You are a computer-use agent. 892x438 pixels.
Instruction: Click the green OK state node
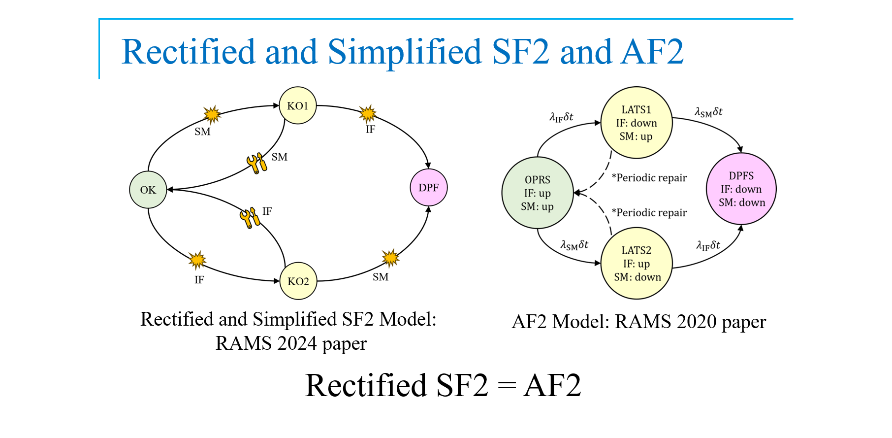point(148,190)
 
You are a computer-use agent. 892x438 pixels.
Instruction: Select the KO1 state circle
point(297,105)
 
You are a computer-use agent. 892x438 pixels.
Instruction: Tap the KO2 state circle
point(298,281)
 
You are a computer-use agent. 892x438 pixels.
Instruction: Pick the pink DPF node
point(428,188)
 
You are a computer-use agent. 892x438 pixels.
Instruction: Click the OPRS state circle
point(537,193)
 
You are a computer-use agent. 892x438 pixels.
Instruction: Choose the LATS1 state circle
point(636,123)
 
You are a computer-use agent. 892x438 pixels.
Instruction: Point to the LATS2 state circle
point(637,263)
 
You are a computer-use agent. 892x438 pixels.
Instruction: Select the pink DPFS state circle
point(741,189)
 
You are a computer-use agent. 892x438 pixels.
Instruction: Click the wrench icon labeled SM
point(256,163)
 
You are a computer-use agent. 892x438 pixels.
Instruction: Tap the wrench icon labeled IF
point(250,217)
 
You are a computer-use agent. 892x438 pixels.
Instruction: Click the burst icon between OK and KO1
point(212,114)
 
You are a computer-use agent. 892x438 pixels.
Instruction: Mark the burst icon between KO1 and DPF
point(367,114)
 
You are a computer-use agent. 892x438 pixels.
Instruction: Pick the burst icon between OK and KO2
point(197,260)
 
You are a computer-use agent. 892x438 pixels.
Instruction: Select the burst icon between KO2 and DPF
point(390,258)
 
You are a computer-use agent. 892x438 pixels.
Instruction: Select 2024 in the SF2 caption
point(297,343)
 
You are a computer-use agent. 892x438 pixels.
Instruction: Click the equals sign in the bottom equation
point(506,386)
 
